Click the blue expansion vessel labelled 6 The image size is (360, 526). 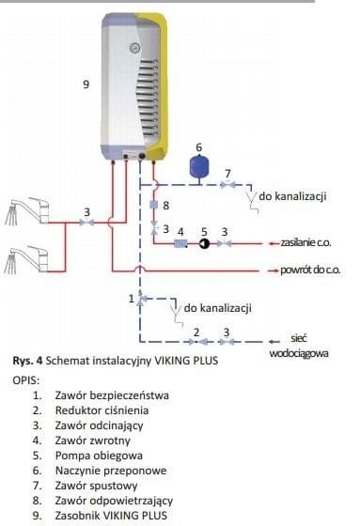198,167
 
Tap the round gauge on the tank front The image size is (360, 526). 134,42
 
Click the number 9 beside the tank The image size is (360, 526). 86,85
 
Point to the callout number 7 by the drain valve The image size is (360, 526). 226,173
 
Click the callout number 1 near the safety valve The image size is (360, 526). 131,298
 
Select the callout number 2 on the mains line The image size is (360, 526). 196,331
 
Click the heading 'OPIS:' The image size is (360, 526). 28,379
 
